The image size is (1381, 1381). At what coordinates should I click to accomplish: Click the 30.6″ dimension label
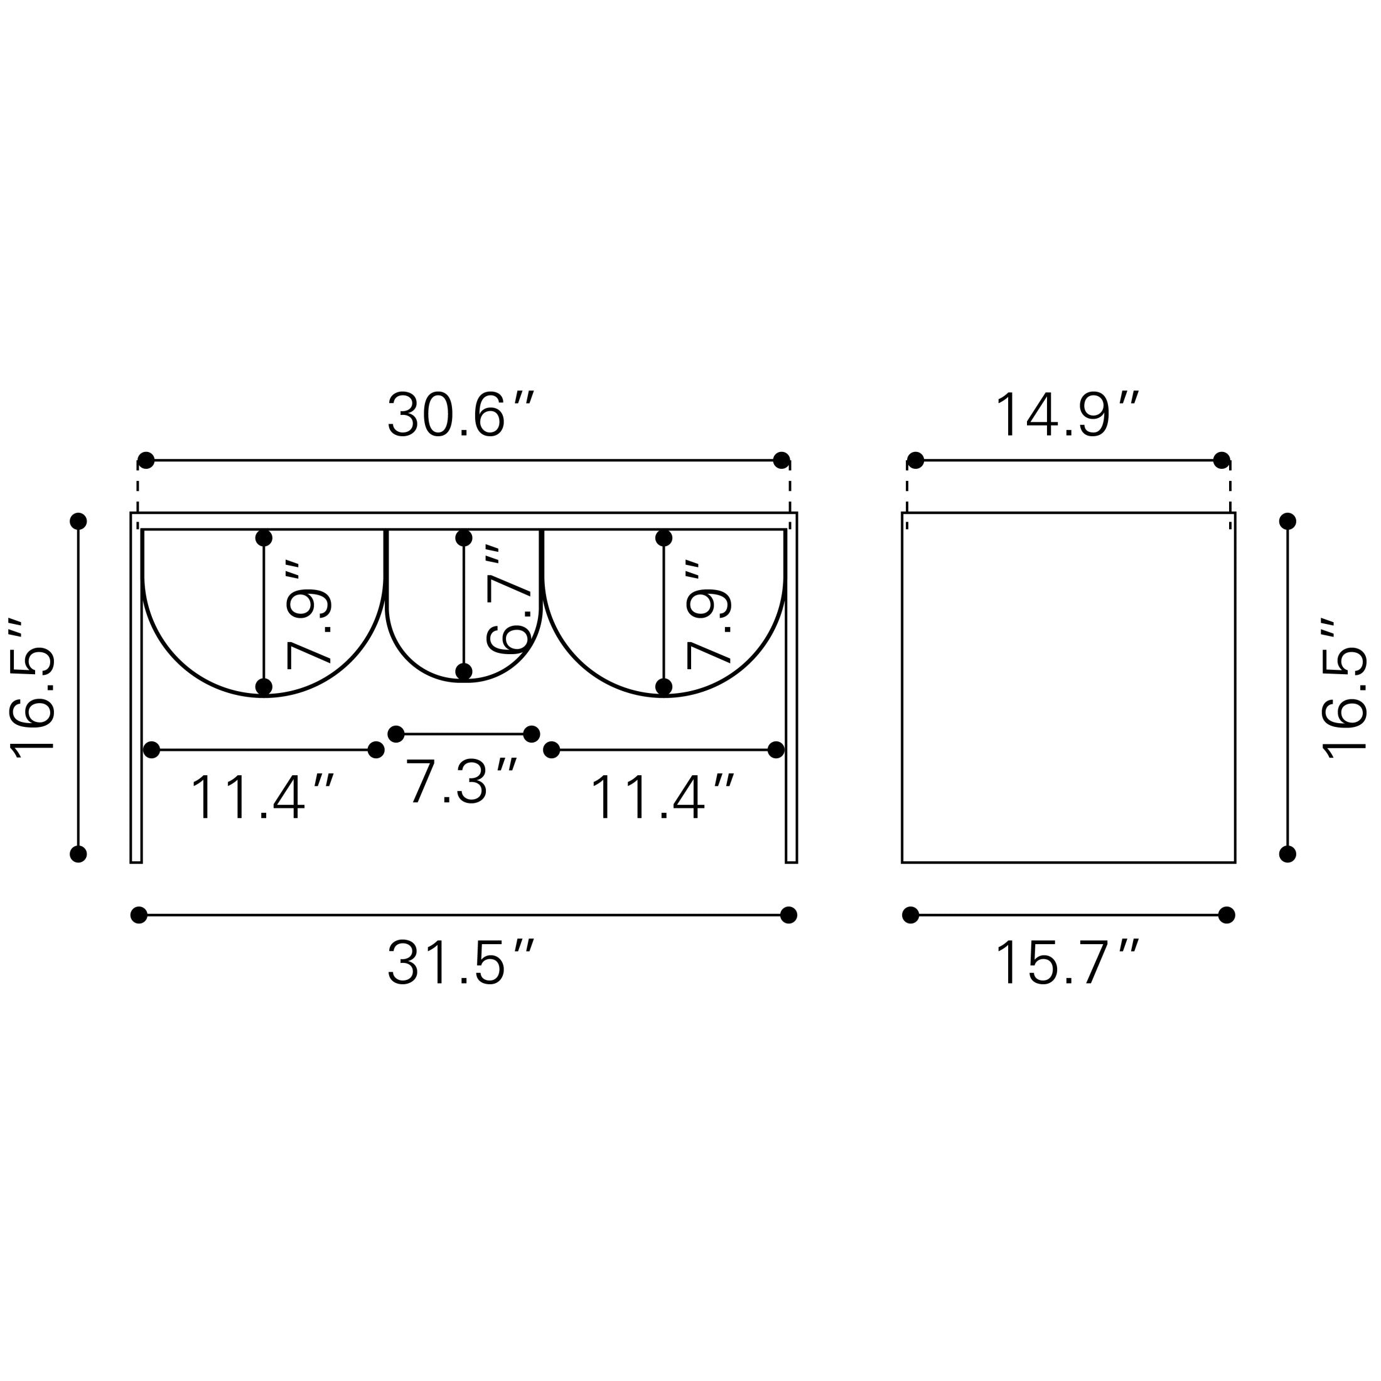(461, 414)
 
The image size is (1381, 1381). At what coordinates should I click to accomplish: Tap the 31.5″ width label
(461, 964)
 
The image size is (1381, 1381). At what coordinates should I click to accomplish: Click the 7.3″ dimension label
(461, 782)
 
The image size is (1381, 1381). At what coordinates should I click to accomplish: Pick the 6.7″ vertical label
(508, 599)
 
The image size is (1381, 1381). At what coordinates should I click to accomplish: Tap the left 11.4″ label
(262, 797)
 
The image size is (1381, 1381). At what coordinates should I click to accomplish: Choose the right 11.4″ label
(662, 797)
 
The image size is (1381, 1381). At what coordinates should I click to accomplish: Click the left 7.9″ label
(308, 615)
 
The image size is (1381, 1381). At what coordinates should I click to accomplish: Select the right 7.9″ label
(708, 615)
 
